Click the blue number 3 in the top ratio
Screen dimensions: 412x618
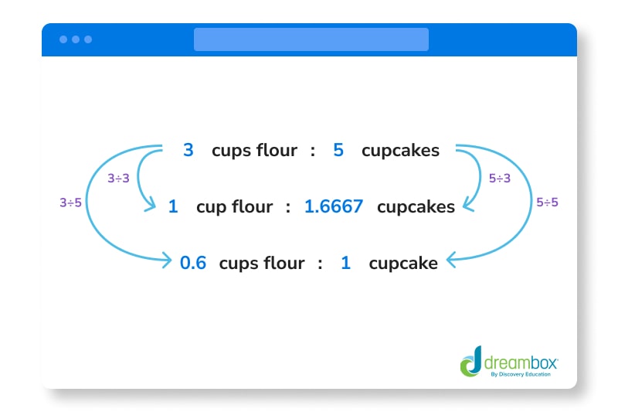pos(188,150)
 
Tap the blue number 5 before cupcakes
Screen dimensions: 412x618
pos(338,150)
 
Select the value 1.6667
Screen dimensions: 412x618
pos(334,207)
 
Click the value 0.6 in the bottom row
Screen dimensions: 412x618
pos(193,263)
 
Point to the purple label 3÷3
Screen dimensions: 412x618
pos(119,179)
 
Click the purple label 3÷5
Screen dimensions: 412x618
pos(71,203)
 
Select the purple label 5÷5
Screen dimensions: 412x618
pos(547,203)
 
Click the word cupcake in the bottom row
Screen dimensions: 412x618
pos(403,264)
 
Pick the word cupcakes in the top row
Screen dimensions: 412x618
pos(400,151)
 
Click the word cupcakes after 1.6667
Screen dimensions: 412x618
pos(416,207)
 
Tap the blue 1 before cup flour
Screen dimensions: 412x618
pos(173,207)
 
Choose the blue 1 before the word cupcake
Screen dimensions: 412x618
pos(345,263)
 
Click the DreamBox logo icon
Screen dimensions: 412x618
pos(470,361)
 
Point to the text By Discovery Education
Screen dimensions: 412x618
pos(521,374)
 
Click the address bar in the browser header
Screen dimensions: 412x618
pos(311,39)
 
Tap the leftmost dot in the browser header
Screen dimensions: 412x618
pos(63,39)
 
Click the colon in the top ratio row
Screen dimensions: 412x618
pos(313,151)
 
